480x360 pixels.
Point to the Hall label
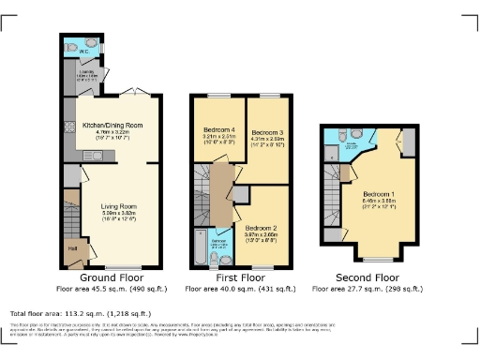pyautogui.click(x=72, y=248)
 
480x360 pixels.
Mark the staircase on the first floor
pyautogui.click(x=202, y=192)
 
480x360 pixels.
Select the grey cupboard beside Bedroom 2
pyautogui.click(x=239, y=193)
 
